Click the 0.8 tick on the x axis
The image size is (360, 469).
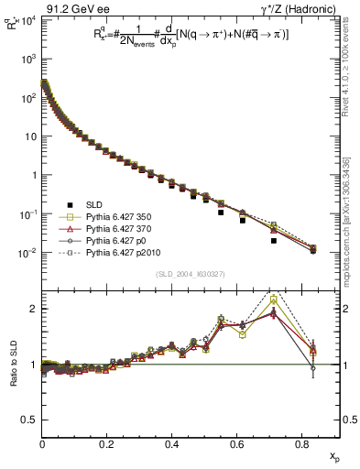pos(301,444)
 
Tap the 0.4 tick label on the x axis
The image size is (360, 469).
pos(172,444)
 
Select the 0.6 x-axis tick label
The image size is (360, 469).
pos(237,444)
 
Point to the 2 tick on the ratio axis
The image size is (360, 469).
pos(34,309)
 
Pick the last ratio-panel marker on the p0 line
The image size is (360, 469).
pos(313,369)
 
